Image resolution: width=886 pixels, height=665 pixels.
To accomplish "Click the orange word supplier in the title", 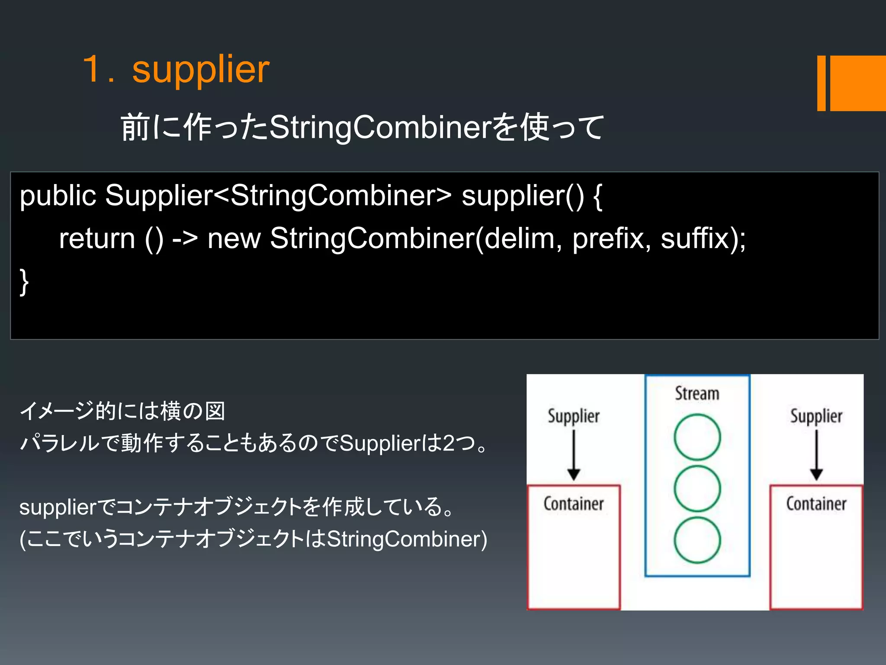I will [x=201, y=70].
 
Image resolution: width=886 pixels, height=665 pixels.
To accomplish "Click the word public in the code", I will [x=58, y=196].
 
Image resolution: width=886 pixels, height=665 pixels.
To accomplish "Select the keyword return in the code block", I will [x=97, y=239].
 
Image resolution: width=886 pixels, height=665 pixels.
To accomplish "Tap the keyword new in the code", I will [x=234, y=239].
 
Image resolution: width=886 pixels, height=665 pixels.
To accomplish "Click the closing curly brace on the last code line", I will [x=24, y=282].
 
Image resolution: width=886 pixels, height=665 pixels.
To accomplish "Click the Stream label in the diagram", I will [x=697, y=394].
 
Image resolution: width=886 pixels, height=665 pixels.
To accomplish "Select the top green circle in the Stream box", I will [x=697, y=437].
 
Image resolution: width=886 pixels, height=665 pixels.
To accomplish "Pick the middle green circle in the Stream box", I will [x=697, y=488].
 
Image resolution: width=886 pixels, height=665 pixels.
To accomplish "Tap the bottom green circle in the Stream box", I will [x=697, y=540].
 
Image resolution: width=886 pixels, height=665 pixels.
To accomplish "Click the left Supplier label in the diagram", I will [x=574, y=416].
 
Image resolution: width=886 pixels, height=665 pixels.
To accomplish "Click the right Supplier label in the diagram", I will [x=816, y=416].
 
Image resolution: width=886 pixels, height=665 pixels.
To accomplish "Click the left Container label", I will [x=574, y=504].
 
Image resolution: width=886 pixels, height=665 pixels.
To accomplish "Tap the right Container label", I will [x=816, y=504].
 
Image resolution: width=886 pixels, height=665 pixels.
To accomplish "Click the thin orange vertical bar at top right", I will [x=821, y=83].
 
